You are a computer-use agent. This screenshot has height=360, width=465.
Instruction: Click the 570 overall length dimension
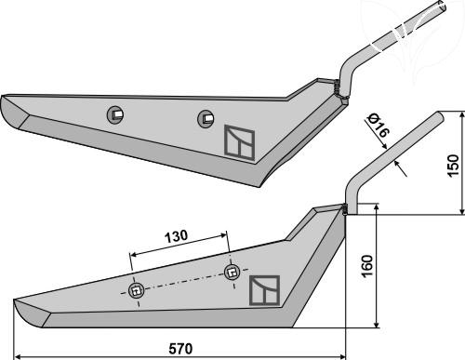point(180,349)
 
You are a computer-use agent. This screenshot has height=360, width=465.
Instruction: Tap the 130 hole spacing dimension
point(176,236)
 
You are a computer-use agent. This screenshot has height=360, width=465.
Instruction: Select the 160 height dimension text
point(366,266)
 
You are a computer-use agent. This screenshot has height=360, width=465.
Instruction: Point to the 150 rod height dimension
point(453,166)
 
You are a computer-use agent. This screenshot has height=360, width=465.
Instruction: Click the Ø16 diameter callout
point(377,126)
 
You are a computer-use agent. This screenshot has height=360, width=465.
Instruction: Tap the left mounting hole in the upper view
point(115,114)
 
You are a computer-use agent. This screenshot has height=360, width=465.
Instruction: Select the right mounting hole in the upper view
point(206,118)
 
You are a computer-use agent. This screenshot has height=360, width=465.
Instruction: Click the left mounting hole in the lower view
point(137,291)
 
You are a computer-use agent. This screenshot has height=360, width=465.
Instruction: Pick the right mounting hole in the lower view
point(232,273)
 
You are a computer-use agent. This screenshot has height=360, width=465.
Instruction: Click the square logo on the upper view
point(239,142)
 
